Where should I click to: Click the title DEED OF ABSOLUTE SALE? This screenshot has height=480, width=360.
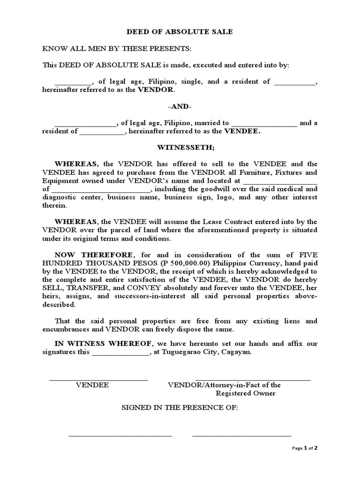point(180,32)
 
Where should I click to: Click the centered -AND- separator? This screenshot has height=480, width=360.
point(180,106)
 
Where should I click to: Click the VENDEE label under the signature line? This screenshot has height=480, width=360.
point(92,385)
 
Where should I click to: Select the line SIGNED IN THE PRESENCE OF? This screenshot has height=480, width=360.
point(180,408)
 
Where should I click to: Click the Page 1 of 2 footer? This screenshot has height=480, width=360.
point(305,448)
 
